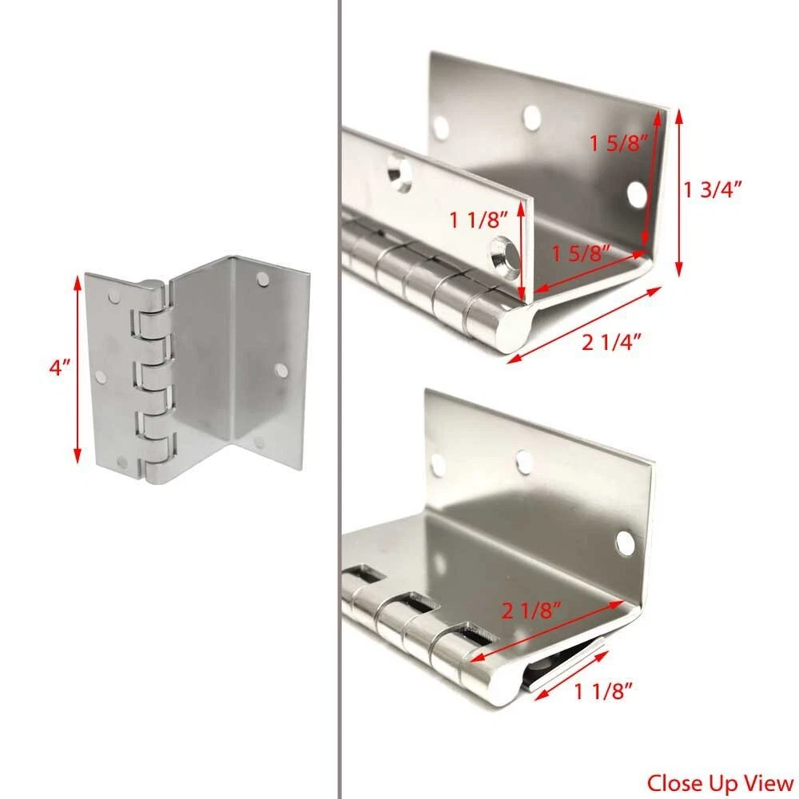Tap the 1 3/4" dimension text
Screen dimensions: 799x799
coord(713,190)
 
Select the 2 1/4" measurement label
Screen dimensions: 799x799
coord(611,341)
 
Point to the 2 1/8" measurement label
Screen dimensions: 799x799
coord(531,610)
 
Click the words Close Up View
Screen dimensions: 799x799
coord(720,782)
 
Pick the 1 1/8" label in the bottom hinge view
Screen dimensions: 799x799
coord(603,691)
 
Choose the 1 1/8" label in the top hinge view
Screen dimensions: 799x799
coord(479,221)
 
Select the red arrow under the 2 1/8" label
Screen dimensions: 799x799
coord(547,632)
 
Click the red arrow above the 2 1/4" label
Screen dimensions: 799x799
coord(584,324)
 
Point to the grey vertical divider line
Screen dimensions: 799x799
coord(339,399)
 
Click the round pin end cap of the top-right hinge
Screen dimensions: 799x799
coord(515,326)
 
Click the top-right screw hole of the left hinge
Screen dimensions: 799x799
coord(263,278)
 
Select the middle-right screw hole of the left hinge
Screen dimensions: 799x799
coord(280,370)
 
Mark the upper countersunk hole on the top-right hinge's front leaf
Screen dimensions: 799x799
coord(399,173)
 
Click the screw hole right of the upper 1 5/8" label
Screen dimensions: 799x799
coord(637,194)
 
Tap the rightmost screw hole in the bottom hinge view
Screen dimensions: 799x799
coord(626,543)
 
